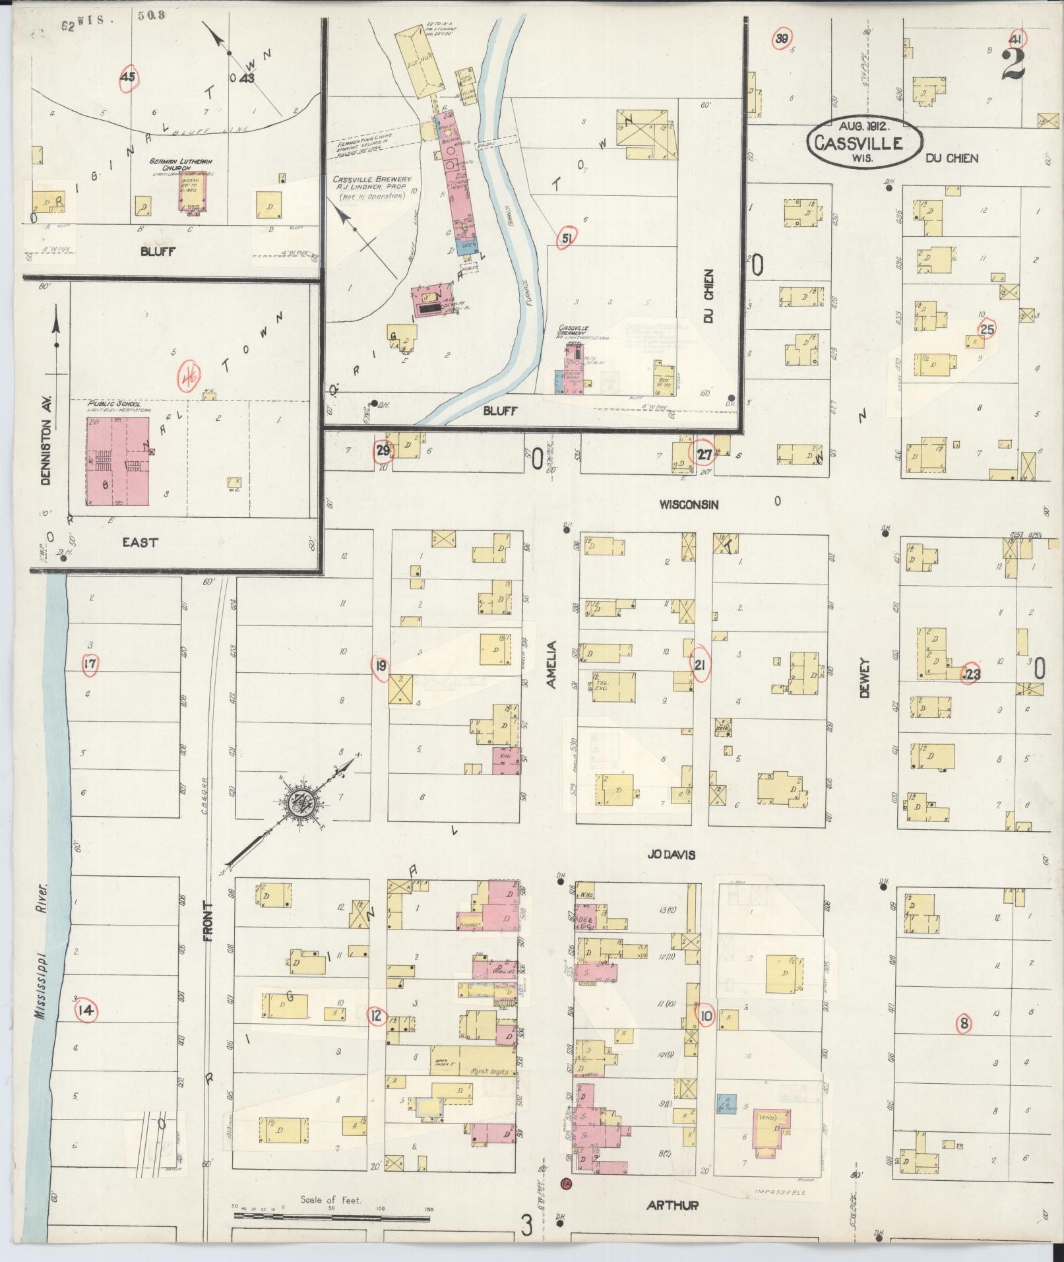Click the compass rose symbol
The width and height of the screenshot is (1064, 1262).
pyautogui.click(x=301, y=803)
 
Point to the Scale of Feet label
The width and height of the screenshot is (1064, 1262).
pyautogui.click(x=330, y=1200)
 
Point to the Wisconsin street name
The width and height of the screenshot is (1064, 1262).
pyautogui.click(x=689, y=504)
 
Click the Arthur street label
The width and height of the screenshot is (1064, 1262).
pyautogui.click(x=672, y=1205)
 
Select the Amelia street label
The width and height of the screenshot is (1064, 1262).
pyautogui.click(x=551, y=664)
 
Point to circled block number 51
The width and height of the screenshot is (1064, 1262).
pyautogui.click(x=566, y=238)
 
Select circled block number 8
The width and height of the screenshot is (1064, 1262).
pyautogui.click(x=964, y=1024)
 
